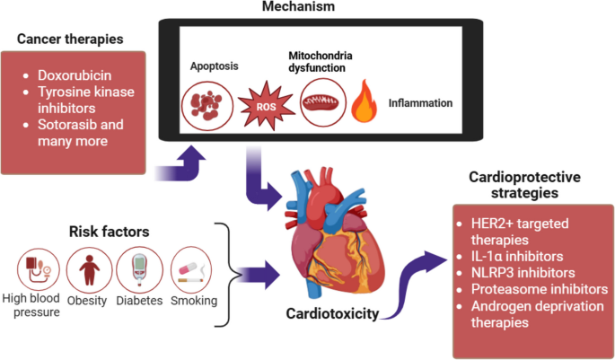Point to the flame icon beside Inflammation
(364, 101)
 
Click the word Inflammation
(420, 103)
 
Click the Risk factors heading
(110, 232)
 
